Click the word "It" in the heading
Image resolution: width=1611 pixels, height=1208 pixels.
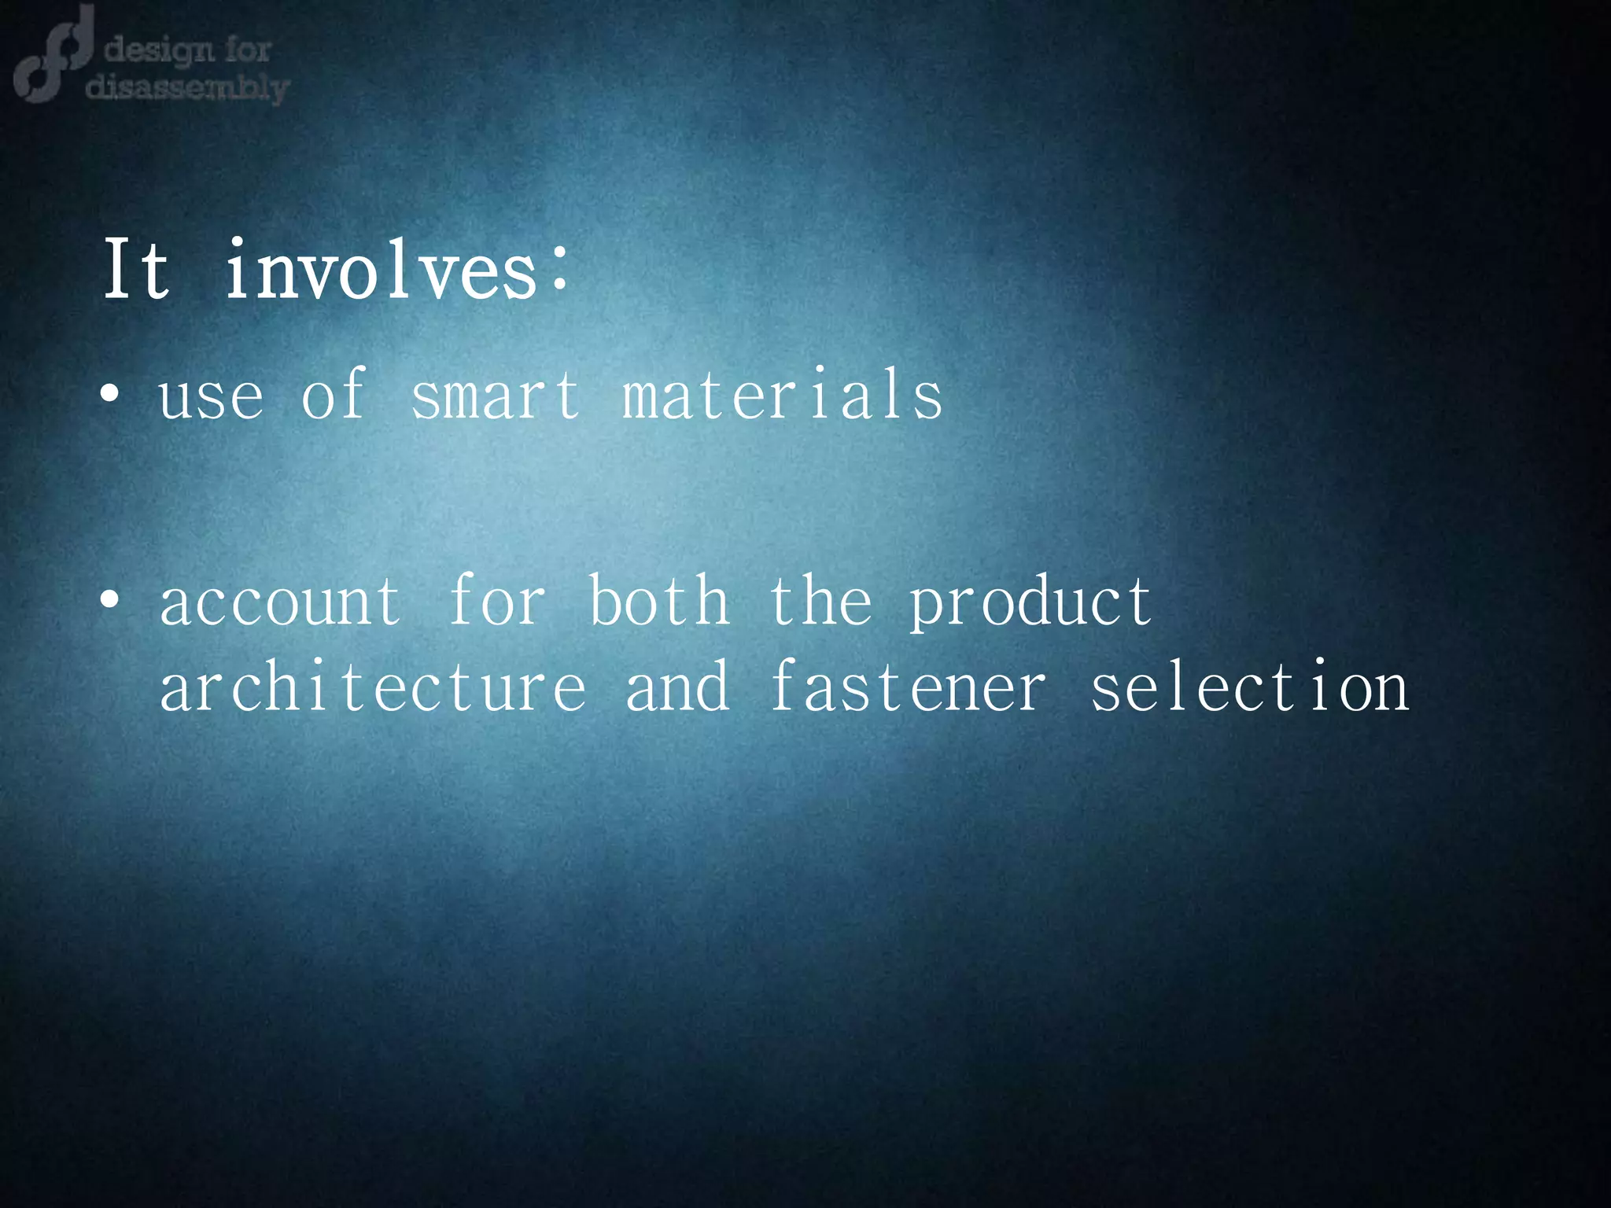click(x=136, y=270)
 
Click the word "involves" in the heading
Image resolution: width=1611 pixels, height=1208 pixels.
click(x=381, y=270)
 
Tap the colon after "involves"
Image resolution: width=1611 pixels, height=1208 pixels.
click(x=559, y=269)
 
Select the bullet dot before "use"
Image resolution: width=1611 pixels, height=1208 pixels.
click(x=110, y=395)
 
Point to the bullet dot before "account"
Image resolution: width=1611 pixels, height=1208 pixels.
click(x=110, y=601)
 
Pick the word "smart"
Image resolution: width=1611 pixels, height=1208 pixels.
click(x=496, y=395)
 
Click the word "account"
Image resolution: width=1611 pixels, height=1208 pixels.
click(x=280, y=602)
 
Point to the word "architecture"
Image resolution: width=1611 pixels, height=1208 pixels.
click(x=373, y=687)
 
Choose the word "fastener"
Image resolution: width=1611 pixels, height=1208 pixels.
click(x=908, y=686)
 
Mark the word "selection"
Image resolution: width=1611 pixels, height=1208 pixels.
click(x=1249, y=686)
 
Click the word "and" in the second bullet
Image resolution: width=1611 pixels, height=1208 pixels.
click(x=677, y=686)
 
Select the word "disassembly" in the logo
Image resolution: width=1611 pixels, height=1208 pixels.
click(x=187, y=87)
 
